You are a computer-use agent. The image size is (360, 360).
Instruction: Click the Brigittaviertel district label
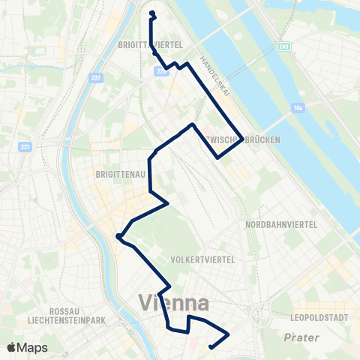click(x=151, y=45)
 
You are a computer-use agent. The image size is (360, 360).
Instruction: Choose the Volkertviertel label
click(x=203, y=259)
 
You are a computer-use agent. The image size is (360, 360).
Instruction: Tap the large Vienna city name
click(x=173, y=304)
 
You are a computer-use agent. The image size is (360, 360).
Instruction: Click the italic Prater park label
click(x=301, y=338)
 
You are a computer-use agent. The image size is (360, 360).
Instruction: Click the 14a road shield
click(x=298, y=108)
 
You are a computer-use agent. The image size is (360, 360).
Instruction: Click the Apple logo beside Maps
click(x=13, y=347)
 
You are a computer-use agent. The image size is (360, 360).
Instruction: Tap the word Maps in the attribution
click(x=34, y=347)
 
